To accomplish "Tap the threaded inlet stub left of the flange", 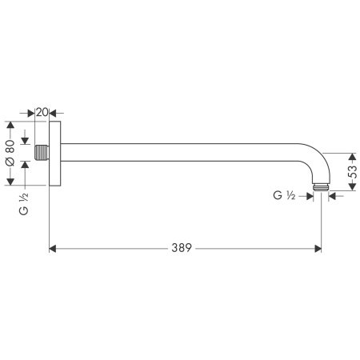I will [x=43, y=152].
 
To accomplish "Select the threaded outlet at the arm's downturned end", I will [x=322, y=187].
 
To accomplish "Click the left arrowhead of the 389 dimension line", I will [x=54, y=249].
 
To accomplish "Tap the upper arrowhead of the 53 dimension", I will [x=348, y=155].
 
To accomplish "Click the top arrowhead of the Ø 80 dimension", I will [x=10, y=125].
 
